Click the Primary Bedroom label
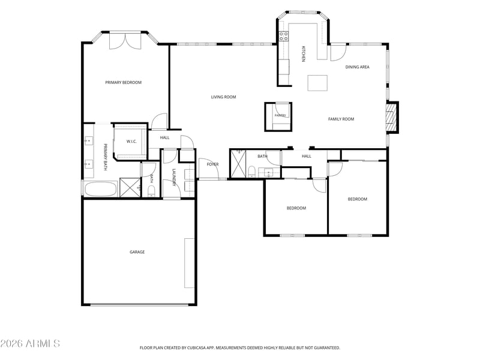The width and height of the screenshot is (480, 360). [x=124, y=82]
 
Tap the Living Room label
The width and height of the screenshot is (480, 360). [x=223, y=97]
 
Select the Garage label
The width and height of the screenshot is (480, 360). [x=137, y=252]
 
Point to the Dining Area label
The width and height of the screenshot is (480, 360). [x=357, y=67]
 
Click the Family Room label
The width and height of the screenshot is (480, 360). [x=341, y=119]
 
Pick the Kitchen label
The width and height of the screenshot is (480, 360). [x=304, y=54]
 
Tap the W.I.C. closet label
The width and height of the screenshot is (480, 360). [x=131, y=142]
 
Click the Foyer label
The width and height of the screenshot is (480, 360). [x=213, y=164]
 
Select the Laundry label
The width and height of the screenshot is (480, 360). [x=174, y=177]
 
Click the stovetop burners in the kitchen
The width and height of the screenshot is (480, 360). [x=283, y=37]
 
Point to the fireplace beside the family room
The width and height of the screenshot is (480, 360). [x=392, y=117]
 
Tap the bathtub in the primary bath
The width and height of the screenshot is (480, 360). [x=101, y=189]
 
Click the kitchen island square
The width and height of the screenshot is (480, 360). [x=317, y=83]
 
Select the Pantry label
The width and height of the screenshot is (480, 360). [x=280, y=115]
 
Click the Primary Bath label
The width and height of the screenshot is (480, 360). [x=105, y=157]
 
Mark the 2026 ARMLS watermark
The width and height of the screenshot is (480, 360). [x=30, y=343]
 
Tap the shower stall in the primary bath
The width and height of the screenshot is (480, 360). [x=130, y=187]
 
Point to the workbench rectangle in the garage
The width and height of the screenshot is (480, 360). [x=189, y=263]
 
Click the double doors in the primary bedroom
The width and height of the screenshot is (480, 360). [x=125, y=40]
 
